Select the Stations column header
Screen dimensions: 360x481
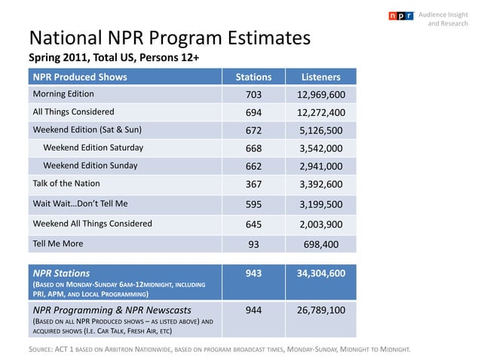pyautogui.click(x=254, y=77)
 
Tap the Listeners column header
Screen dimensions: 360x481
pyautogui.click(x=321, y=77)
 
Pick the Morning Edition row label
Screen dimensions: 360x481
pyautogui.click(x=63, y=94)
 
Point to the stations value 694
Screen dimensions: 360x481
pyautogui.click(x=254, y=113)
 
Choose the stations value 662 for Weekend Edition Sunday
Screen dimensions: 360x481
pyautogui.click(x=254, y=166)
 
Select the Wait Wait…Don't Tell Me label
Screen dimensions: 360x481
pyautogui.click(x=80, y=203)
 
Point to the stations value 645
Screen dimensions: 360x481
pyautogui.click(x=254, y=224)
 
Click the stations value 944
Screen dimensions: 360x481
pyautogui.click(x=254, y=310)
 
